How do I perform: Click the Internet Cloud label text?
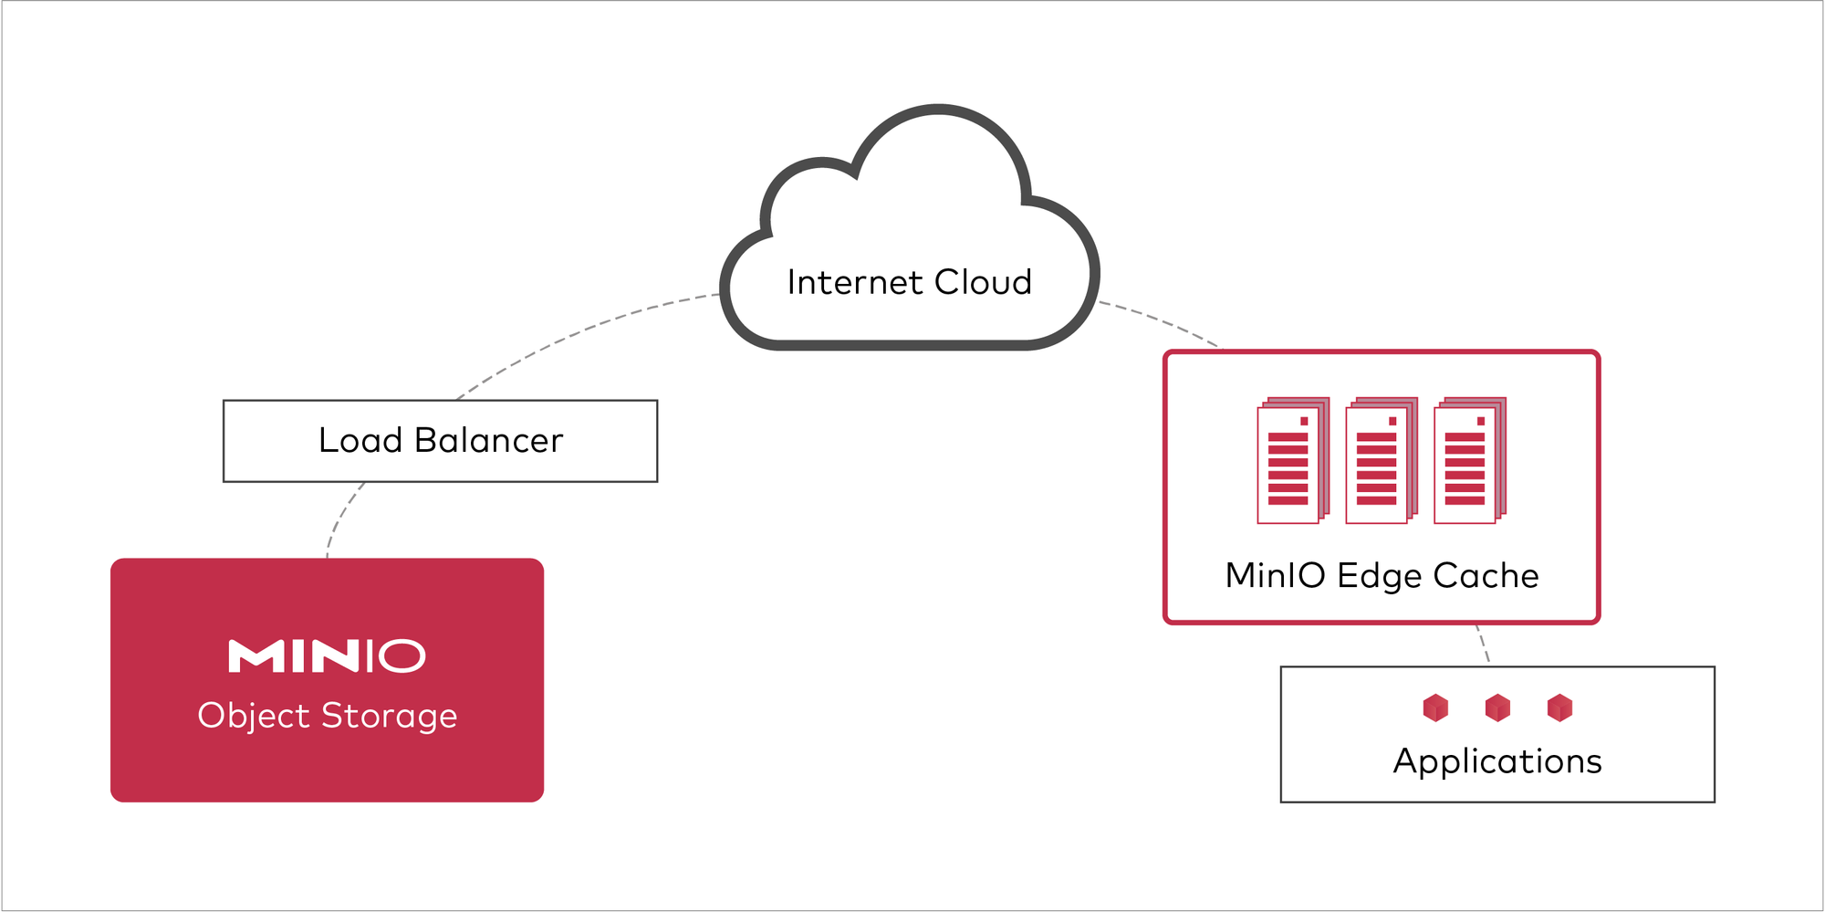tap(909, 283)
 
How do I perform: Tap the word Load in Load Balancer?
tap(360, 441)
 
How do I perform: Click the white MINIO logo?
tap(327, 656)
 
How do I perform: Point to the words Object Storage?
tap(327, 716)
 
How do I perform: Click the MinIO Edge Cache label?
tap(1382, 576)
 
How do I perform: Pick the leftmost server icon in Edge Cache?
tap(1293, 460)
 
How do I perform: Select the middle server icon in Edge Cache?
tap(1382, 460)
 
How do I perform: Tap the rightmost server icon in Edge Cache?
tap(1470, 460)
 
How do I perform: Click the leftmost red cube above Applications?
tap(1435, 708)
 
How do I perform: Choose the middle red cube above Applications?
tap(1497, 708)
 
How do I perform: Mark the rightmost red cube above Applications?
tap(1559, 708)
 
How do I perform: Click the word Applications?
tap(1497, 761)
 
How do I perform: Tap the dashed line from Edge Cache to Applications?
tap(1483, 644)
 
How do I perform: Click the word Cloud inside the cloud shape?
tap(983, 283)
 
